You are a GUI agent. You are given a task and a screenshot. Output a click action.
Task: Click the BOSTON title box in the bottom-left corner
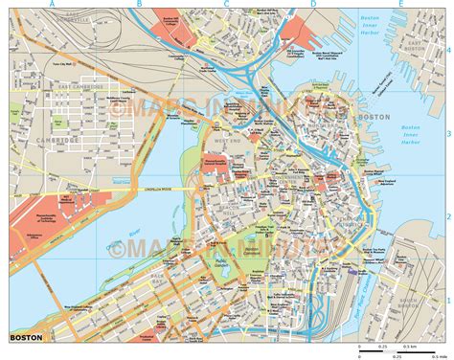[26, 338]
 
